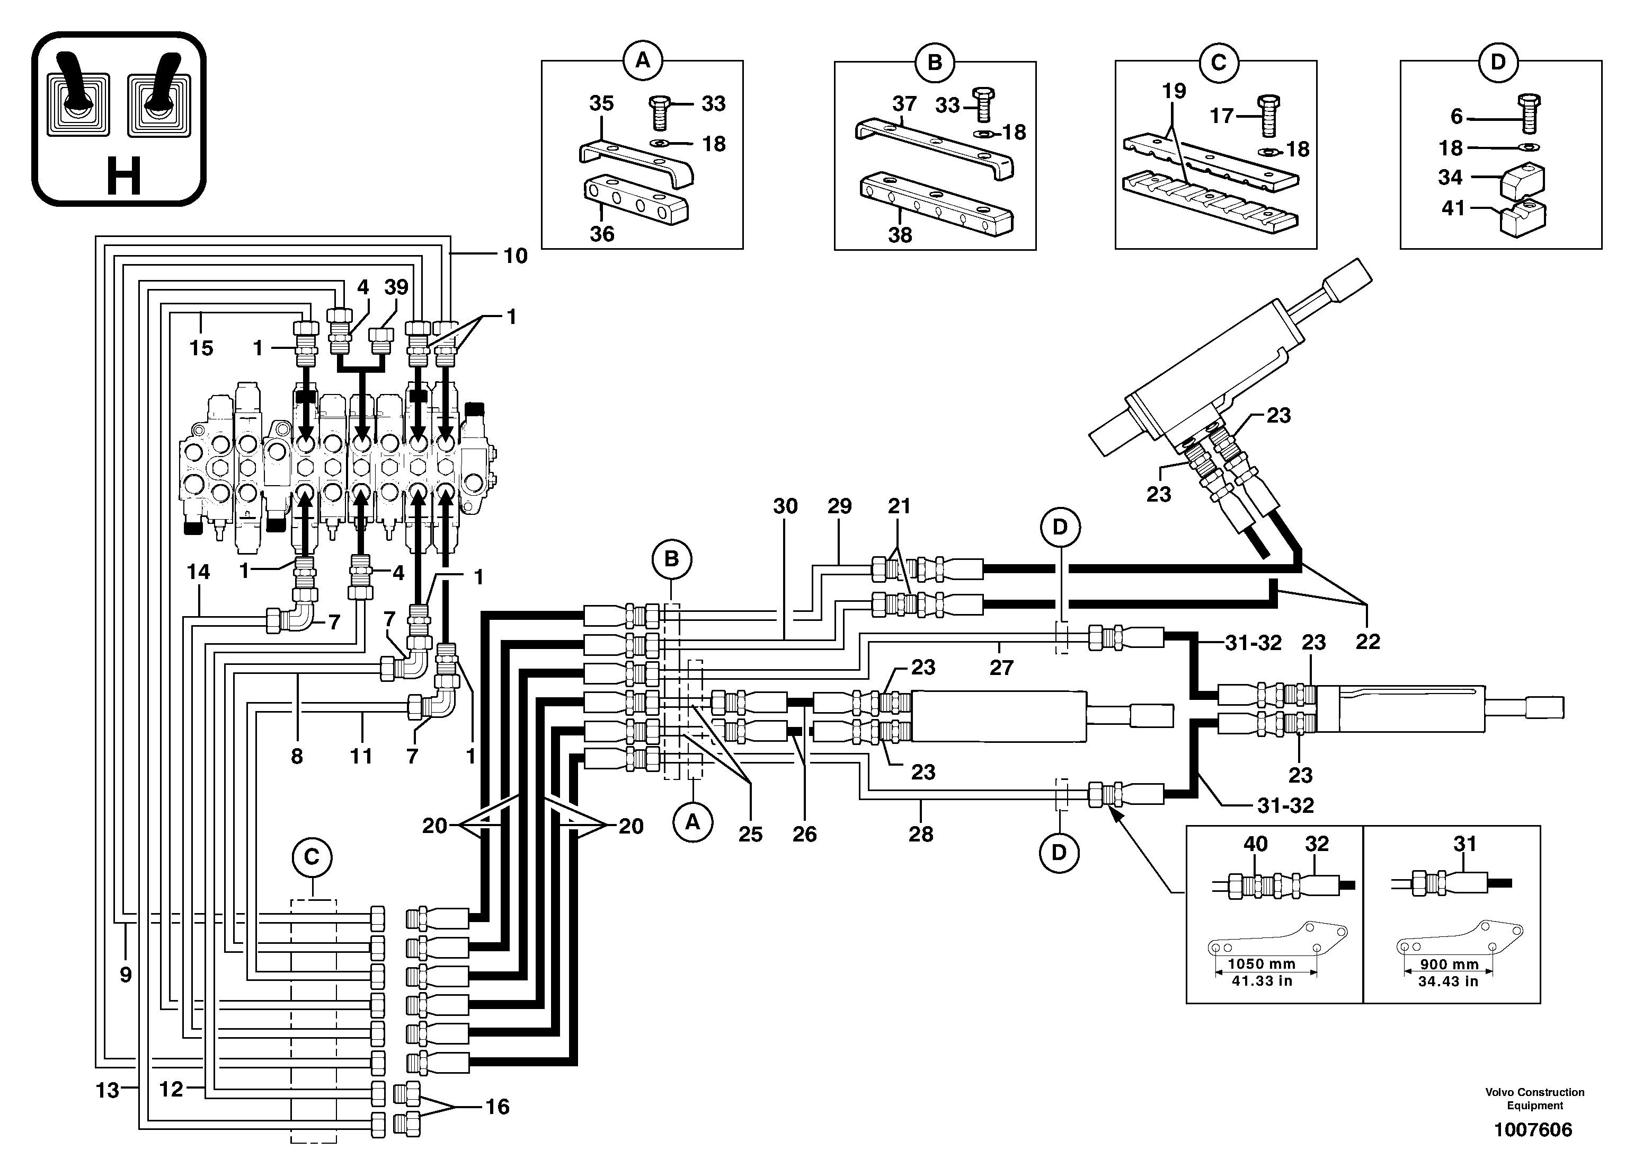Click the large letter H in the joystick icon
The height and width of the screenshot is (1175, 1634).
[123, 177]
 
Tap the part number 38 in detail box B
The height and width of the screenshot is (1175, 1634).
[900, 235]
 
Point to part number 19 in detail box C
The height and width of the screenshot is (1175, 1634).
[1174, 92]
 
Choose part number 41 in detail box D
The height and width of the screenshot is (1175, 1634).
[1453, 208]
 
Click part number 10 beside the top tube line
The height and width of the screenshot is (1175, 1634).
[515, 256]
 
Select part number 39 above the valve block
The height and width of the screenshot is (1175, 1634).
[396, 287]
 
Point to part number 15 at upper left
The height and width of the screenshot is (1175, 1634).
[201, 348]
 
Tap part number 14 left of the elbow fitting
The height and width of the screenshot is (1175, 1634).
[198, 572]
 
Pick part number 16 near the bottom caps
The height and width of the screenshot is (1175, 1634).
[497, 1107]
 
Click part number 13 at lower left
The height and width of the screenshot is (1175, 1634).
[108, 1091]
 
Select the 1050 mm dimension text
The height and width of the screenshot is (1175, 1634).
[1262, 964]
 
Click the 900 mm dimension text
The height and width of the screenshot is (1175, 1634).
[1449, 964]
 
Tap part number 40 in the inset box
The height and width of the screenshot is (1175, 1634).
[1255, 844]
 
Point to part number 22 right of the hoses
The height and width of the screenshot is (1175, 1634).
[1367, 642]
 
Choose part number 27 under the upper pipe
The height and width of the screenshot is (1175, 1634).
[1001, 668]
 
